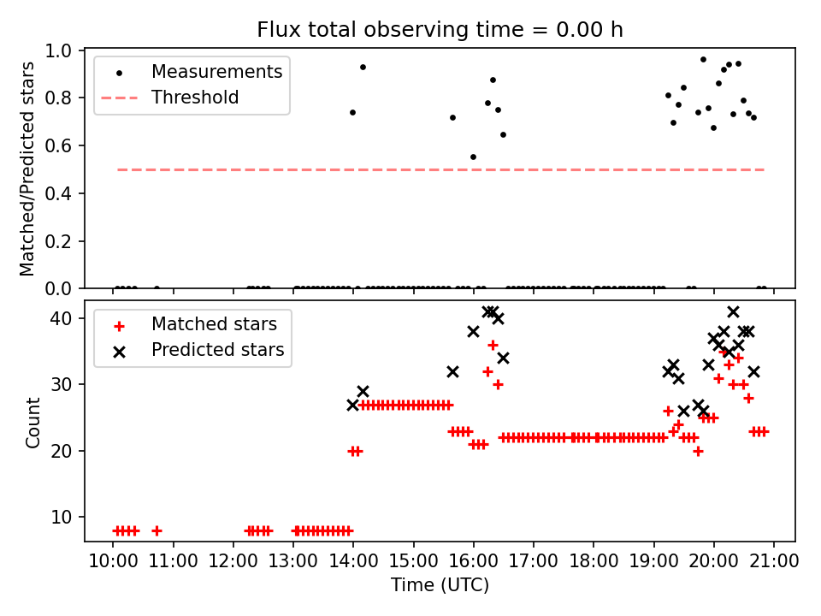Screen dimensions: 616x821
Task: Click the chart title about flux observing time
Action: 440,30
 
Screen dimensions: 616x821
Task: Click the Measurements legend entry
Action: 216,72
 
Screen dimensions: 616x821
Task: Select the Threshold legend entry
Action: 195,98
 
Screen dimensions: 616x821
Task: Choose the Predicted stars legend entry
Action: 217,350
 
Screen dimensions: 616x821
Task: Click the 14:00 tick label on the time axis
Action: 353,561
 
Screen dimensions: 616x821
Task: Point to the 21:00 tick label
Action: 774,561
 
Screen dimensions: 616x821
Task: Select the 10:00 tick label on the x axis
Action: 113,561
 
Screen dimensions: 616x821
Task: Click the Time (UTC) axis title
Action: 440,586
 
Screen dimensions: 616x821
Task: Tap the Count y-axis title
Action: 33,422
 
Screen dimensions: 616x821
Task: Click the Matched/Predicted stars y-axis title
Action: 27,169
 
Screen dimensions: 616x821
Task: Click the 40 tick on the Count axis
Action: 68,318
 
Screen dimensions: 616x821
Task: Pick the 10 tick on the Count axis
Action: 68,517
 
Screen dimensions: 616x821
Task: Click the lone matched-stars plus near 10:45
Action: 157,530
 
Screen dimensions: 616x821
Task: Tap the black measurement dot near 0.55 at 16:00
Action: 473,157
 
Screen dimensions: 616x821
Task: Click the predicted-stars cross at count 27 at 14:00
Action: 352,405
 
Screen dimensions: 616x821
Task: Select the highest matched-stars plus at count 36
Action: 493,345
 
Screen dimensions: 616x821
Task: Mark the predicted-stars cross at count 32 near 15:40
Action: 452,371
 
